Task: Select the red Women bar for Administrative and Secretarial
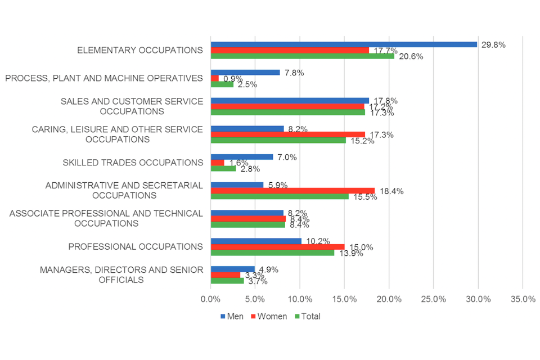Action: [292, 191]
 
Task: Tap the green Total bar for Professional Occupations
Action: [272, 253]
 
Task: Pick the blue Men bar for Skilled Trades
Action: [242, 157]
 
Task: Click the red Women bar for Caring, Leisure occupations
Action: [287, 134]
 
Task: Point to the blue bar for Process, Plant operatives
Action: [245, 73]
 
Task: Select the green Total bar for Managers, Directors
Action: [227, 281]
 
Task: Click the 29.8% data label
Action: [493, 45]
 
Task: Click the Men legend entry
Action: [231, 316]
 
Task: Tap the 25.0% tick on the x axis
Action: [434, 299]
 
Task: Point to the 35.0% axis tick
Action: [523, 299]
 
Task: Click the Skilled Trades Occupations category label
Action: [133, 163]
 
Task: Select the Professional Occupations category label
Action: [135, 246]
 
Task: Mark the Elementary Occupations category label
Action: [139, 50]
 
